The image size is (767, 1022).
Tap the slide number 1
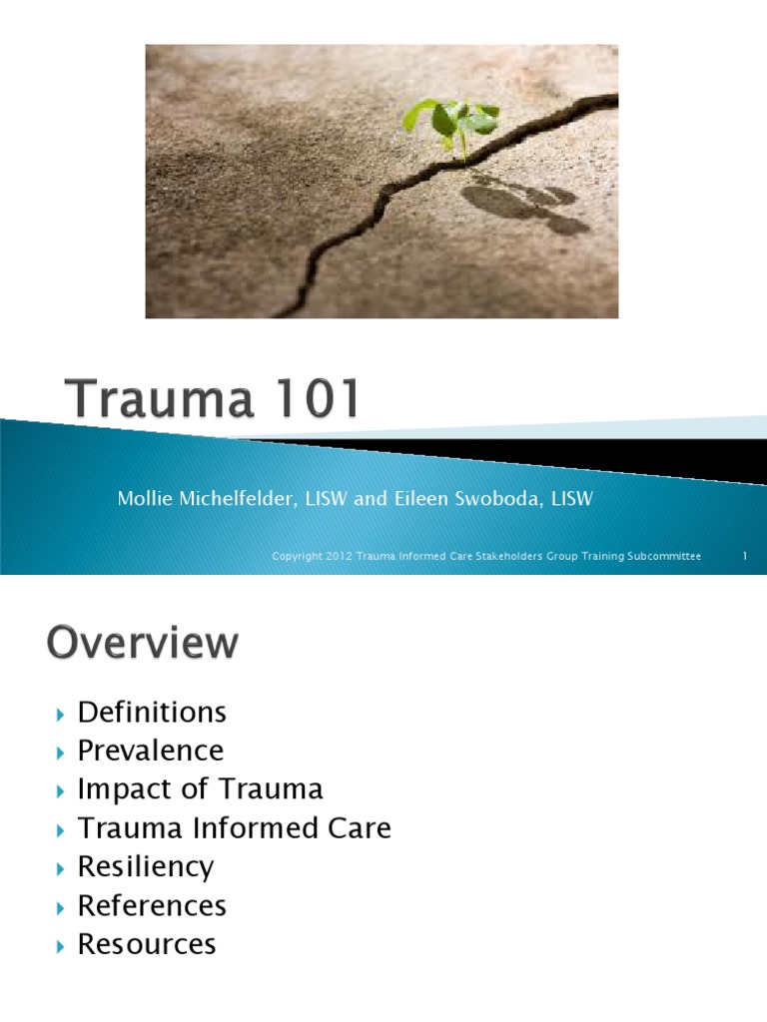tap(745, 556)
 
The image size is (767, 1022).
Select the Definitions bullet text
tap(152, 713)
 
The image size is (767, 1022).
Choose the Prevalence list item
tap(151, 751)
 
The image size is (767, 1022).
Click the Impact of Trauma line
tap(200, 789)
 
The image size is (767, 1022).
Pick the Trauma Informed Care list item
tap(234, 828)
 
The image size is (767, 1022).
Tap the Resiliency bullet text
tap(146, 866)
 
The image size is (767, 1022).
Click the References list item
tap(152, 905)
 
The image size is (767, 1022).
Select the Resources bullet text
tap(147, 943)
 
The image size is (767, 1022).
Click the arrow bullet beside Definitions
tap(60, 714)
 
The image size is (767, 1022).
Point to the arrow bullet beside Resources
tap(60, 944)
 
